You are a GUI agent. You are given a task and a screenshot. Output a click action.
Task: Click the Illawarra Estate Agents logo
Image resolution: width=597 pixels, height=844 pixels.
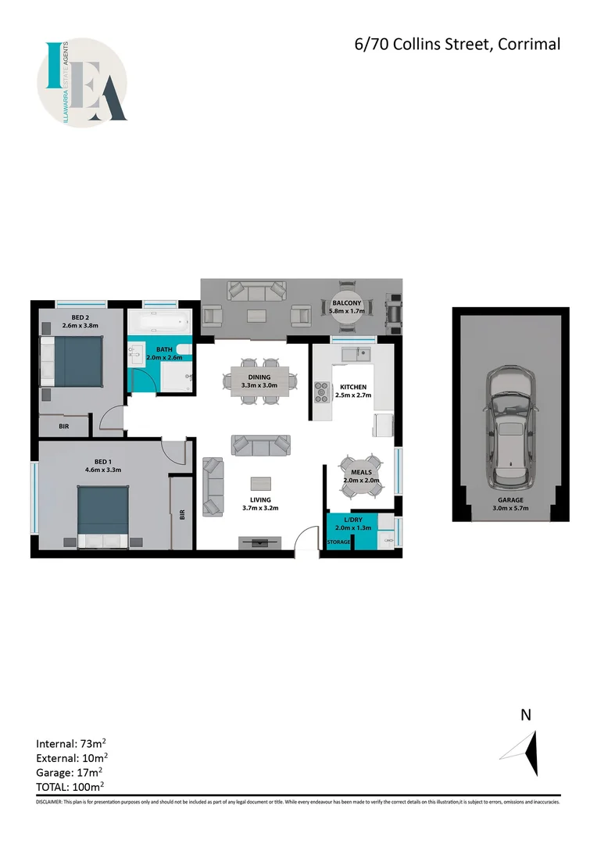point(82,81)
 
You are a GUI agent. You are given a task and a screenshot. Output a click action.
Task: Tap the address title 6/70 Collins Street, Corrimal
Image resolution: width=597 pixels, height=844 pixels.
point(457,45)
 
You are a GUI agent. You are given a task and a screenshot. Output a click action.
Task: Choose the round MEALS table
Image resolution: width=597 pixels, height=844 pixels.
point(360,476)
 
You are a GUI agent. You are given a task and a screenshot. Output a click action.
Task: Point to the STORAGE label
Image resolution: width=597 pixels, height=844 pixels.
point(338,542)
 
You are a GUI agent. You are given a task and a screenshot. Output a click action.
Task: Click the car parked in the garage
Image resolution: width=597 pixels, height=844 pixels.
point(507,427)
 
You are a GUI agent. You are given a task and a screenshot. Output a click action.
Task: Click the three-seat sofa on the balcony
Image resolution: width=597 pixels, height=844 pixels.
point(256,291)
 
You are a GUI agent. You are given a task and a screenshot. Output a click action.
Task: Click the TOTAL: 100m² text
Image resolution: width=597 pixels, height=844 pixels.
point(70,787)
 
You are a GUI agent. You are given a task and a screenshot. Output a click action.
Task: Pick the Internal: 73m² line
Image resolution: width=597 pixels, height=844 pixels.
point(72,743)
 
